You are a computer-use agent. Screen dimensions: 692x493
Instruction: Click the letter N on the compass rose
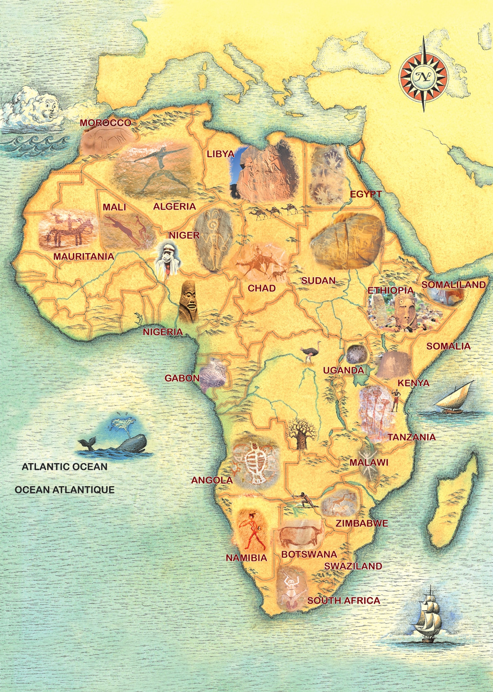(423, 77)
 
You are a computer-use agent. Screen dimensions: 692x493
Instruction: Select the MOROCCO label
(105, 123)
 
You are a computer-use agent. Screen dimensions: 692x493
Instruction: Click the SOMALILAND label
(453, 285)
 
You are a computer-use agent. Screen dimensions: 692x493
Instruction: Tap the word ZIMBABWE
(362, 523)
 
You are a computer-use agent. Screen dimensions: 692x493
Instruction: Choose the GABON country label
(182, 378)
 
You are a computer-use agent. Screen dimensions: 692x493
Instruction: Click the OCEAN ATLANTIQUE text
(65, 490)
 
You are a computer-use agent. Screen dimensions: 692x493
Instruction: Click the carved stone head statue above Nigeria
(188, 301)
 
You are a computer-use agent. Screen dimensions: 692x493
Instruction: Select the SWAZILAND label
(353, 566)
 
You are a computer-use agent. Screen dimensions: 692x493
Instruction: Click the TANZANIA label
(411, 437)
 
